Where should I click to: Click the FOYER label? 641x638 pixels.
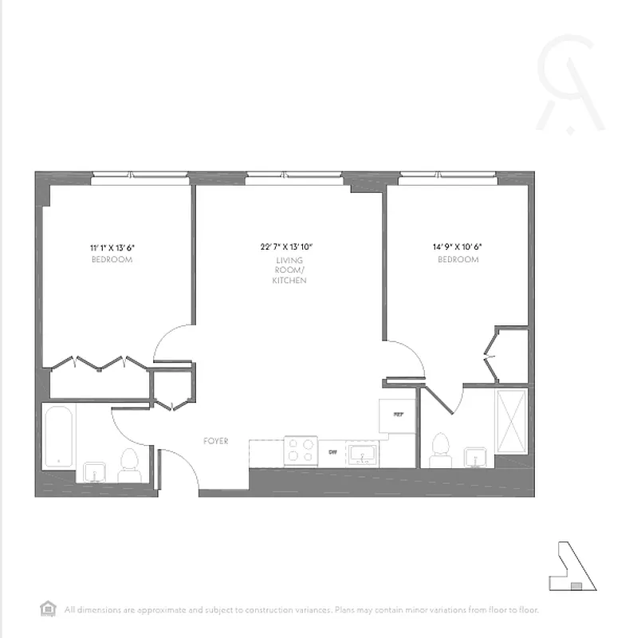pos(215,441)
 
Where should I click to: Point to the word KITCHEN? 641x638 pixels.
pos(289,282)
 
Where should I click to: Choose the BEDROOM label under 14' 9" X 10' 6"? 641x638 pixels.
pos(458,260)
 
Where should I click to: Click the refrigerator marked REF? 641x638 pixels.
pos(397,415)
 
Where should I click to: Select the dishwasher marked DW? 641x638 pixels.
pos(333,453)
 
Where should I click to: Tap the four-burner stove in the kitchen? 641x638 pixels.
pos(301,451)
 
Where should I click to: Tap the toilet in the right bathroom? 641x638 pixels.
pos(439,450)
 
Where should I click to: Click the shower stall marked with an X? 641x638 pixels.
pos(511,420)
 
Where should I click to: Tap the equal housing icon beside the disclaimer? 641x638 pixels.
pos(47,609)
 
